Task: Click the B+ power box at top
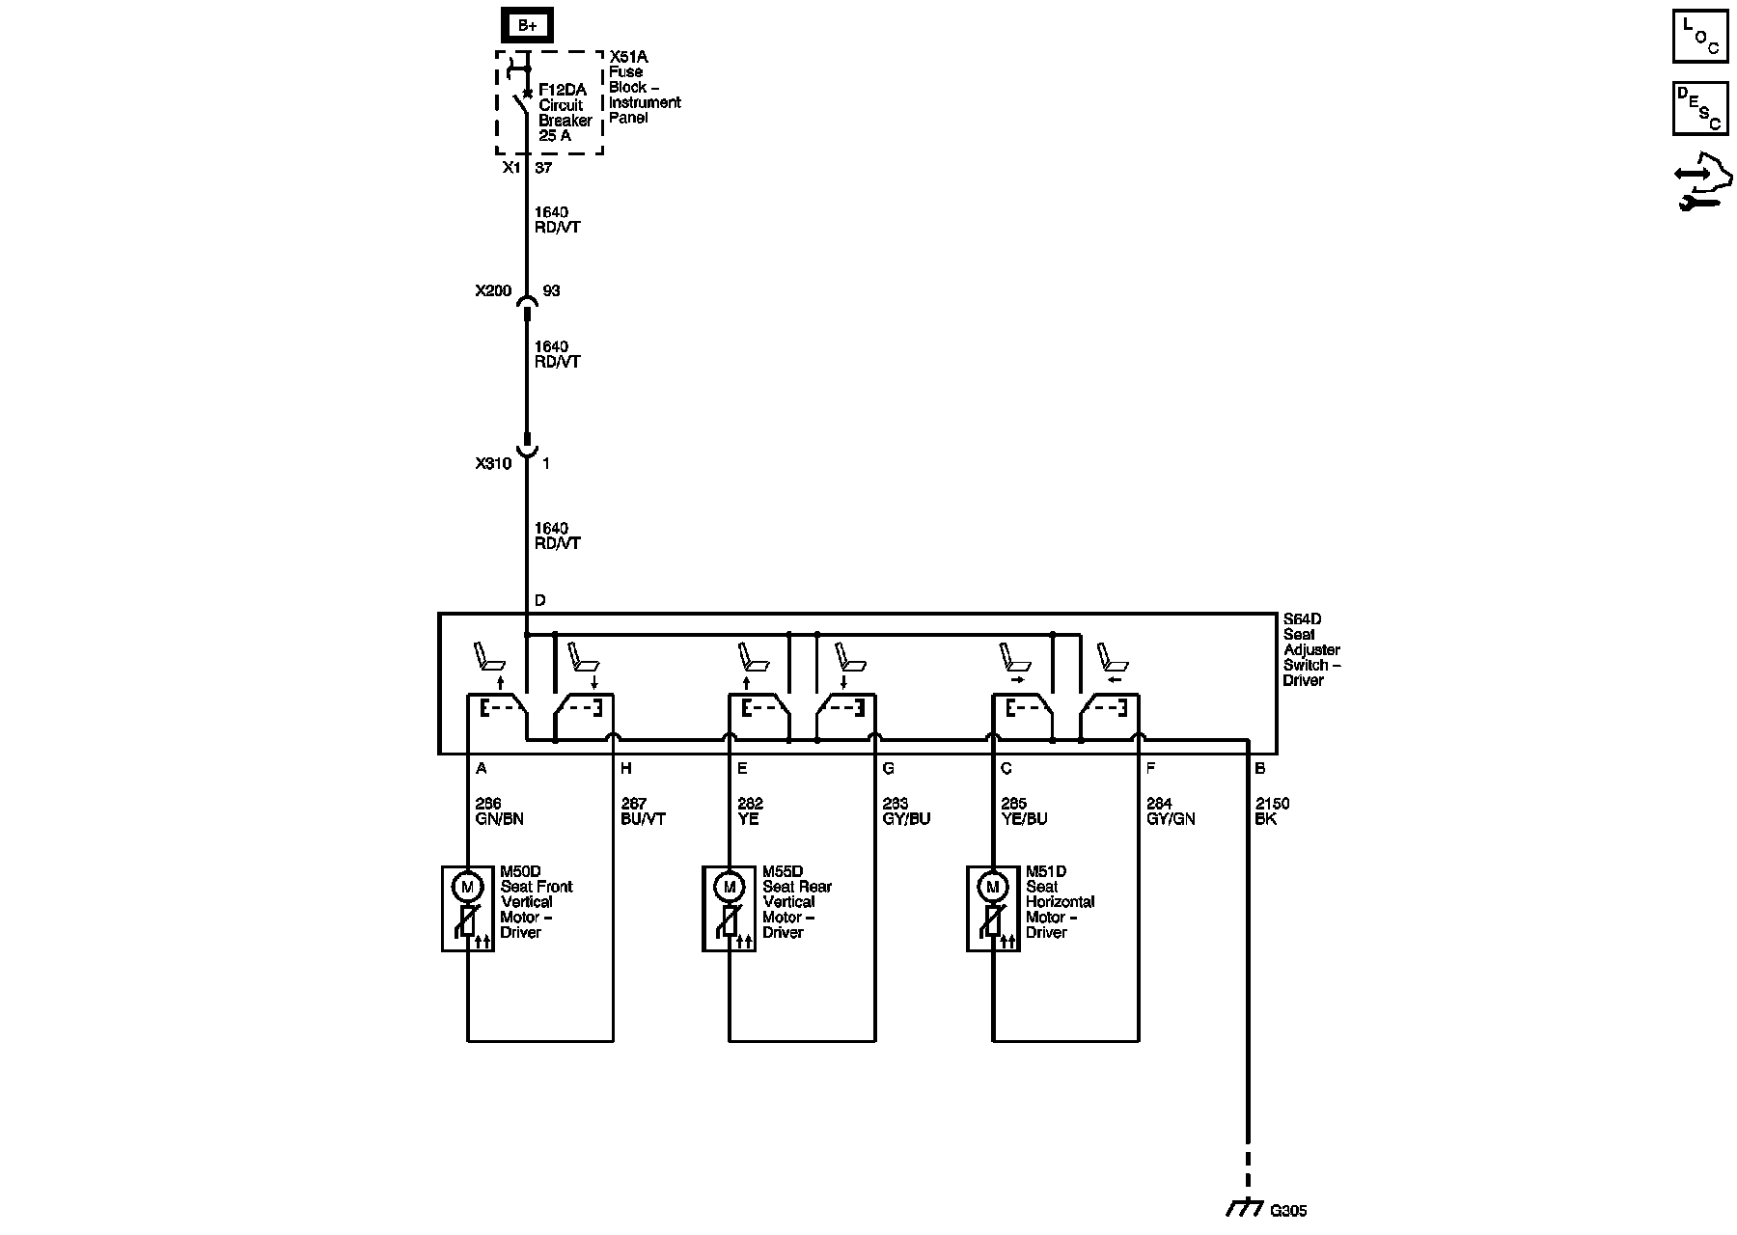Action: coord(527,26)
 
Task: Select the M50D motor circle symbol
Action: coord(468,887)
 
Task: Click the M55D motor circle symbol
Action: coord(730,887)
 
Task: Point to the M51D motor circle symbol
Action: coord(993,887)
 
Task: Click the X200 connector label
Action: coord(493,290)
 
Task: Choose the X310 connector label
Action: coord(493,463)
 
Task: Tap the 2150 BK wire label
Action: coord(1272,811)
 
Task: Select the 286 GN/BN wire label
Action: coord(499,811)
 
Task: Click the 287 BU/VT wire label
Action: coord(643,811)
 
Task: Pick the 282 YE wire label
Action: coord(750,811)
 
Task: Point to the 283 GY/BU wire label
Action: coord(906,811)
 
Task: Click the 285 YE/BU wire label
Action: coord(1024,811)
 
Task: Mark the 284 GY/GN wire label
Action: coord(1171,811)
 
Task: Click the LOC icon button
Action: coord(1699,37)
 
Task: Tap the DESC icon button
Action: coord(1699,108)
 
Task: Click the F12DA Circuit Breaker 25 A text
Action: coord(565,113)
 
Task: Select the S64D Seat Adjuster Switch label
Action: coord(1310,650)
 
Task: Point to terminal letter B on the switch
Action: coord(1259,769)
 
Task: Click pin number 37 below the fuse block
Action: coord(543,168)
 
